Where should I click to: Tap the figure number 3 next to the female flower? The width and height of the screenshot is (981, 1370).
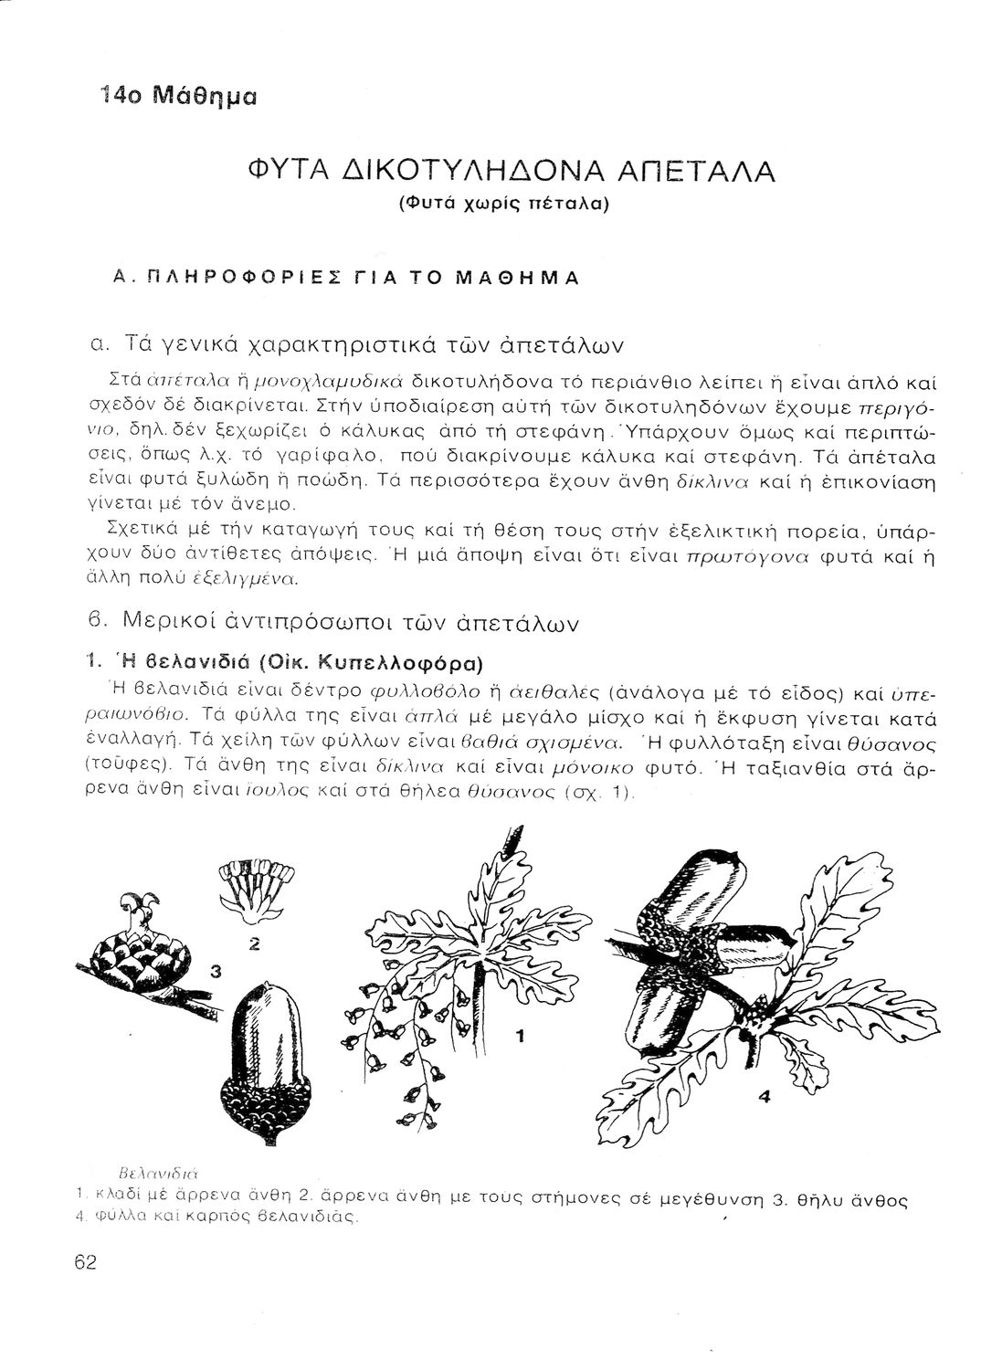(x=215, y=972)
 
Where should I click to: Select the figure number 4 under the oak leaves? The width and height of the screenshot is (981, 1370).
(x=764, y=1101)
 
